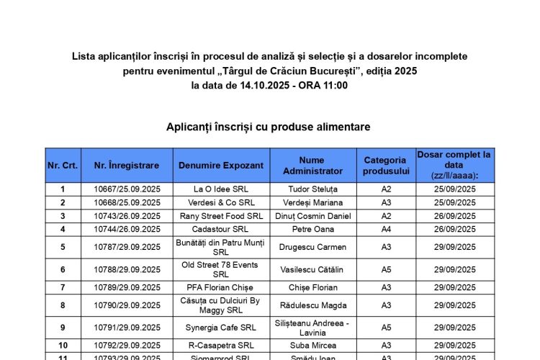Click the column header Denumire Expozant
(x=221, y=166)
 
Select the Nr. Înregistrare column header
(x=127, y=166)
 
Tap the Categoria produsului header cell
(x=386, y=166)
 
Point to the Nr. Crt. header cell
(x=63, y=166)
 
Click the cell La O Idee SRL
(x=221, y=189)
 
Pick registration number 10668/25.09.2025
(x=127, y=202)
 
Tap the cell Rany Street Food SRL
(x=221, y=216)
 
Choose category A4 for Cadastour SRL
(x=386, y=229)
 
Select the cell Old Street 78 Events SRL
(x=221, y=270)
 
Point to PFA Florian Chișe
(x=221, y=287)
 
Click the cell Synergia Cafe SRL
(x=221, y=328)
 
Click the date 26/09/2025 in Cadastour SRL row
(x=454, y=229)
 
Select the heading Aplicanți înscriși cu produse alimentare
(x=269, y=127)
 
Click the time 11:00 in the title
(x=336, y=85)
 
